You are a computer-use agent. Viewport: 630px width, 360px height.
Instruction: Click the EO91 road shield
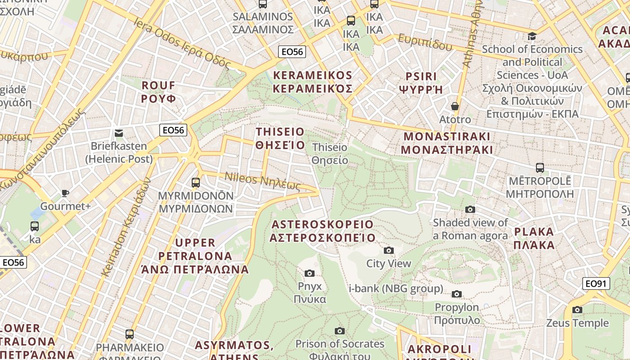pyautogui.click(x=597, y=283)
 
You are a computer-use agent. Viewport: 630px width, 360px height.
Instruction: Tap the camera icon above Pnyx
pyautogui.click(x=310, y=273)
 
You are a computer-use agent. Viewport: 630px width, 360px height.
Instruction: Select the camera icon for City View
pyautogui.click(x=388, y=250)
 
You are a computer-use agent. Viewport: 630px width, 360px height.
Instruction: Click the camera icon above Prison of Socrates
pyautogui.click(x=340, y=331)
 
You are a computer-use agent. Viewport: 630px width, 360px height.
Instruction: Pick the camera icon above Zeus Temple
pyautogui.click(x=577, y=310)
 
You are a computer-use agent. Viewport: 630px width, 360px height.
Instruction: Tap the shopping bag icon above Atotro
pyautogui.click(x=455, y=106)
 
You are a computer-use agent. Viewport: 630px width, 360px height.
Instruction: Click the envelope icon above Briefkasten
pyautogui.click(x=119, y=133)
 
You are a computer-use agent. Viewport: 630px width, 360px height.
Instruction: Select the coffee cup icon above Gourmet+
pyautogui.click(x=65, y=193)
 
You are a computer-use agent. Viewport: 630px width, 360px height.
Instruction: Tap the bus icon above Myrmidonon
pyautogui.click(x=195, y=182)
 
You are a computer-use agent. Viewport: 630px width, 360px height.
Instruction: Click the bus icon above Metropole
pyautogui.click(x=540, y=168)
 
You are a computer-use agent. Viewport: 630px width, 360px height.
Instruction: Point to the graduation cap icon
pyautogui.click(x=532, y=36)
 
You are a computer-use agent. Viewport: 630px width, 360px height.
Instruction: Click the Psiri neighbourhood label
pyautogui.click(x=421, y=82)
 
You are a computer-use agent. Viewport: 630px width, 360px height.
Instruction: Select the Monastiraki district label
pyautogui.click(x=447, y=143)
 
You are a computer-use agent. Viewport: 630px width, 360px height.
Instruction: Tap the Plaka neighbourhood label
pyautogui.click(x=534, y=238)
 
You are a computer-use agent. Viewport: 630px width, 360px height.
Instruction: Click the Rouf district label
pyautogui.click(x=158, y=92)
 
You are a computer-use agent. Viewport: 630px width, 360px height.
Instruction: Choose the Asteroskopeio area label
pyautogui.click(x=322, y=231)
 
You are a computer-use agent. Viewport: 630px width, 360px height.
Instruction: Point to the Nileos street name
pyautogui.click(x=262, y=181)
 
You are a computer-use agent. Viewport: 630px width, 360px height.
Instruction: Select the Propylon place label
pyautogui.click(x=457, y=314)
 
